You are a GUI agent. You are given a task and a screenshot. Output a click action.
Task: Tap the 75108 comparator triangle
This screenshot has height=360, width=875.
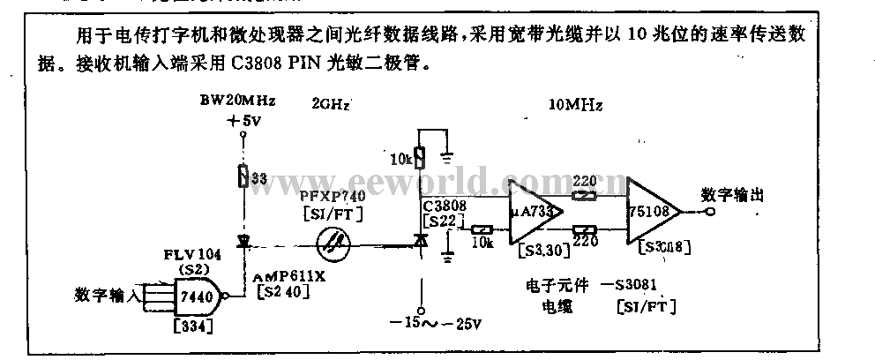pyautogui.click(x=654, y=213)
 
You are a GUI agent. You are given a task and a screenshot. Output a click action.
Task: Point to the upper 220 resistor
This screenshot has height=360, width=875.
pyautogui.click(x=583, y=195)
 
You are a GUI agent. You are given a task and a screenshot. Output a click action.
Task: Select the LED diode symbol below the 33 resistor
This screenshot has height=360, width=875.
pyautogui.click(x=240, y=241)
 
